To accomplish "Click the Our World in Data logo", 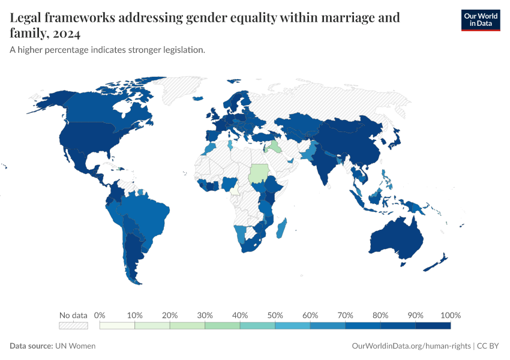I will pos(480,20).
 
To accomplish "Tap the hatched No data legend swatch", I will pos(73,325).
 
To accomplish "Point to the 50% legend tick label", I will pos(275,315).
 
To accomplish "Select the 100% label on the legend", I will pos(450,315).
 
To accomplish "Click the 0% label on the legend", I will pos(100,315).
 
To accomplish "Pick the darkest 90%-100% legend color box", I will pos(433,325).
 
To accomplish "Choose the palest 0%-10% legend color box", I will pos(117,325).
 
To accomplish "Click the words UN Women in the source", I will pos(75,346).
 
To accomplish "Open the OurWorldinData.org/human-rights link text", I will pos(411,346).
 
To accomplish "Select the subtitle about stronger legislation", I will pos(107,50).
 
